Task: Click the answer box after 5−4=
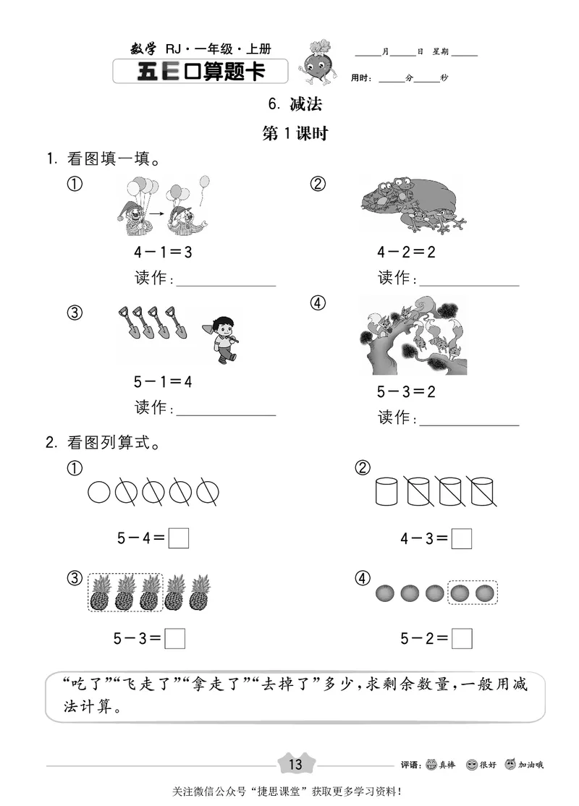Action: tap(179, 539)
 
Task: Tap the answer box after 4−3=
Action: tap(462, 539)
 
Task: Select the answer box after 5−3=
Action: tap(175, 639)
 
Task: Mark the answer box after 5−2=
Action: tap(462, 639)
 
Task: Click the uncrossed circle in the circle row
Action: tap(99, 493)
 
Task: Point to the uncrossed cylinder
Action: tap(387, 492)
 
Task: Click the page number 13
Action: tap(295, 764)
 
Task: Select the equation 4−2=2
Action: tap(405, 253)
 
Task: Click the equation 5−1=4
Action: tap(163, 381)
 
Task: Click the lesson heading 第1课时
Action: tap(295, 134)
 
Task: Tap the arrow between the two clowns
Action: tap(153, 213)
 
